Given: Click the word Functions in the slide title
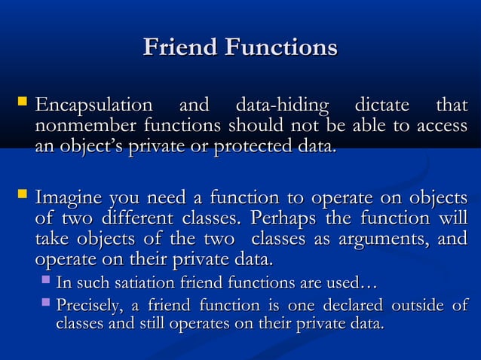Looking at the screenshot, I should (280, 48).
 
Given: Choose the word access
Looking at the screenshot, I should (442, 124).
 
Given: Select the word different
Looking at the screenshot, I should (137, 221).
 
